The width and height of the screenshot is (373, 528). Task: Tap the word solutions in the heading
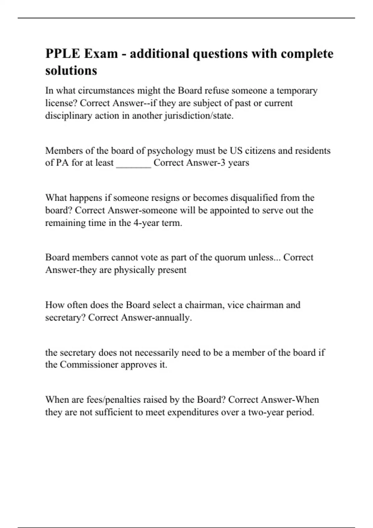71,71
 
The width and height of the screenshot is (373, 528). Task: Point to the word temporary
297,91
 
